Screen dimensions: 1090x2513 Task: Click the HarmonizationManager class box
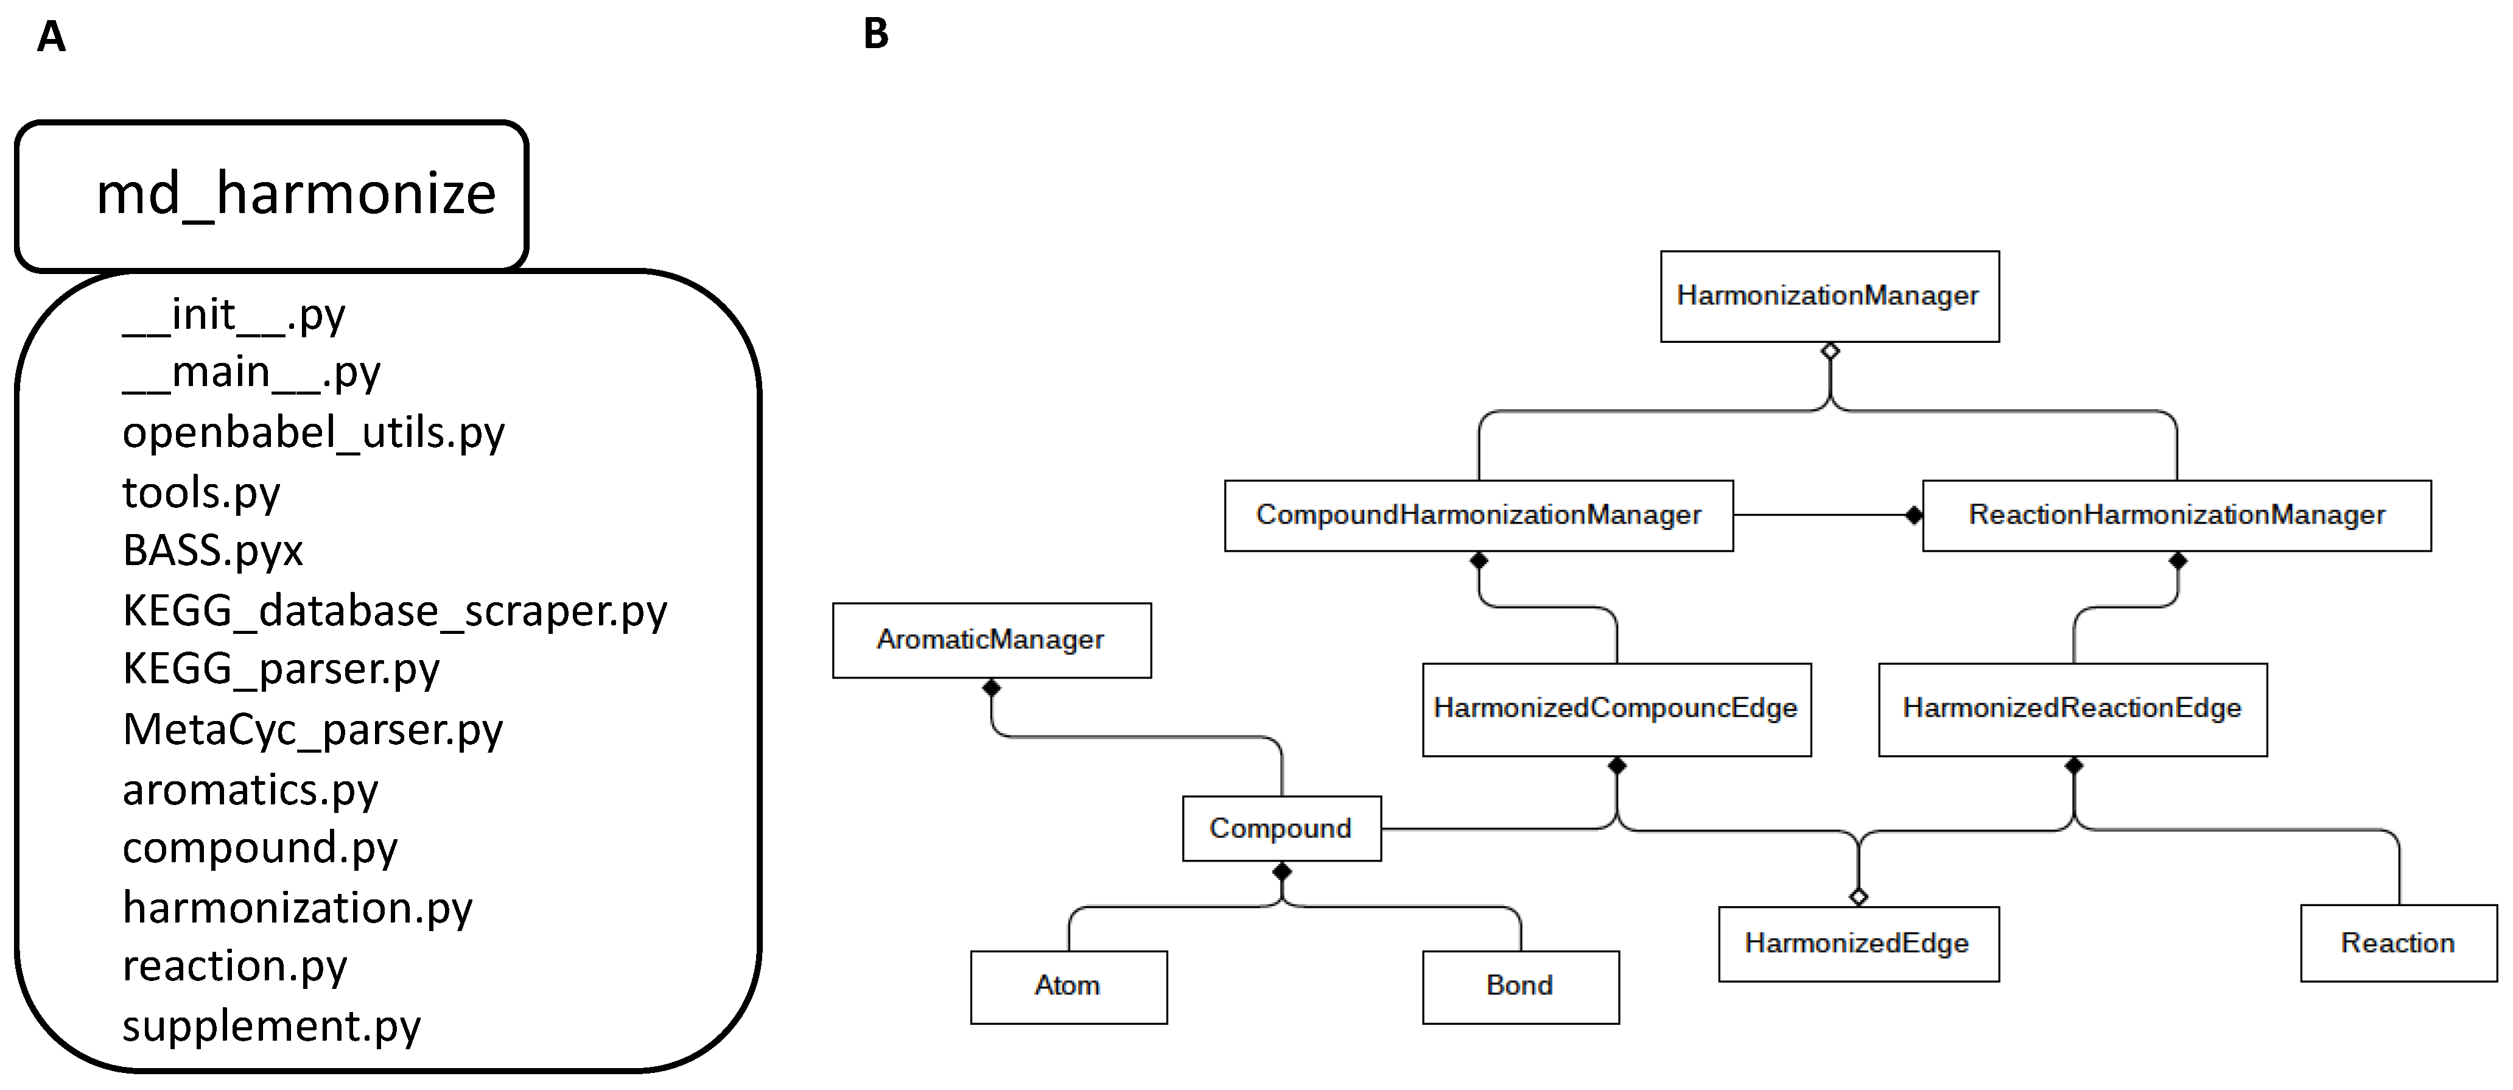point(1829,297)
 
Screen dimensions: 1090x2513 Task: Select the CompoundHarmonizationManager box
point(1478,515)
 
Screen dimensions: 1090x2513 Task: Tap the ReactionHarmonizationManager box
point(2176,515)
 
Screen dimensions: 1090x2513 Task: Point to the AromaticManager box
point(991,640)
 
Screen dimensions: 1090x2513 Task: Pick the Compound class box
point(1281,829)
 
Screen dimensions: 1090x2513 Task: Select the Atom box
point(1068,986)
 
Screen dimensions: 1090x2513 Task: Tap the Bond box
point(1520,986)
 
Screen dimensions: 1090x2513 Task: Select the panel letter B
point(876,34)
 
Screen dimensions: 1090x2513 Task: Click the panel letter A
point(51,38)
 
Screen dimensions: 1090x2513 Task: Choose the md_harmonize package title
point(296,193)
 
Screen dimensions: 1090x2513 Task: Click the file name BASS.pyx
point(212,551)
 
